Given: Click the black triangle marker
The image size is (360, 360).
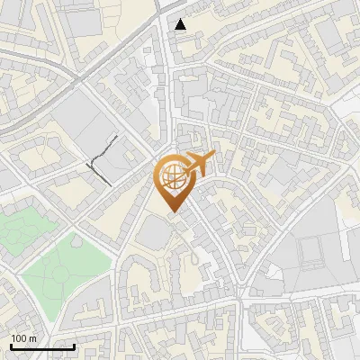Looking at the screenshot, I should pyautogui.click(x=181, y=24).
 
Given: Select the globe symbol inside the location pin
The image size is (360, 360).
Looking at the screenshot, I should pyautogui.click(x=173, y=178).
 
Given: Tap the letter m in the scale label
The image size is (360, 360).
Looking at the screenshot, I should pyautogui.click(x=33, y=338).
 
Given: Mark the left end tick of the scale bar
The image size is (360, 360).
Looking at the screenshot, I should pyautogui.click(x=11, y=345).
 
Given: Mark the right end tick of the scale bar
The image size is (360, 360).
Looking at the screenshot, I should pyautogui.click(x=74, y=345).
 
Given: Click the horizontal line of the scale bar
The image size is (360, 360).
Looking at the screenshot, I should pyautogui.click(x=42, y=346).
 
